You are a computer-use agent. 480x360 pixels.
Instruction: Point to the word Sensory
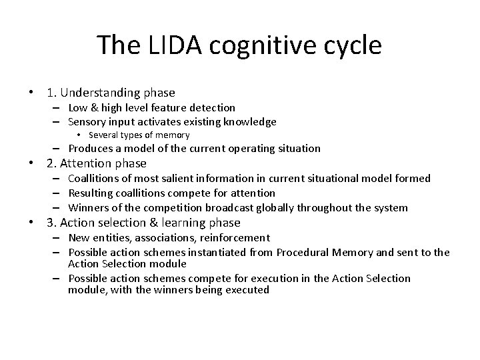pyautogui.click(x=89, y=121)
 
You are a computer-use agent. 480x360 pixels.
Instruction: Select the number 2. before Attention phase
pyautogui.click(x=51, y=163)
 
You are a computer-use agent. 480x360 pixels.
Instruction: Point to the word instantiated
pyautogui.click(x=223, y=253)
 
